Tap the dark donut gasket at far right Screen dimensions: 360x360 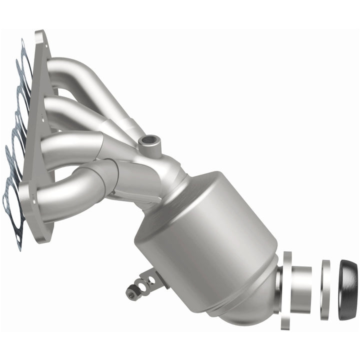[348, 290]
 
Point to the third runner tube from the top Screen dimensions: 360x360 [70, 145]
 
